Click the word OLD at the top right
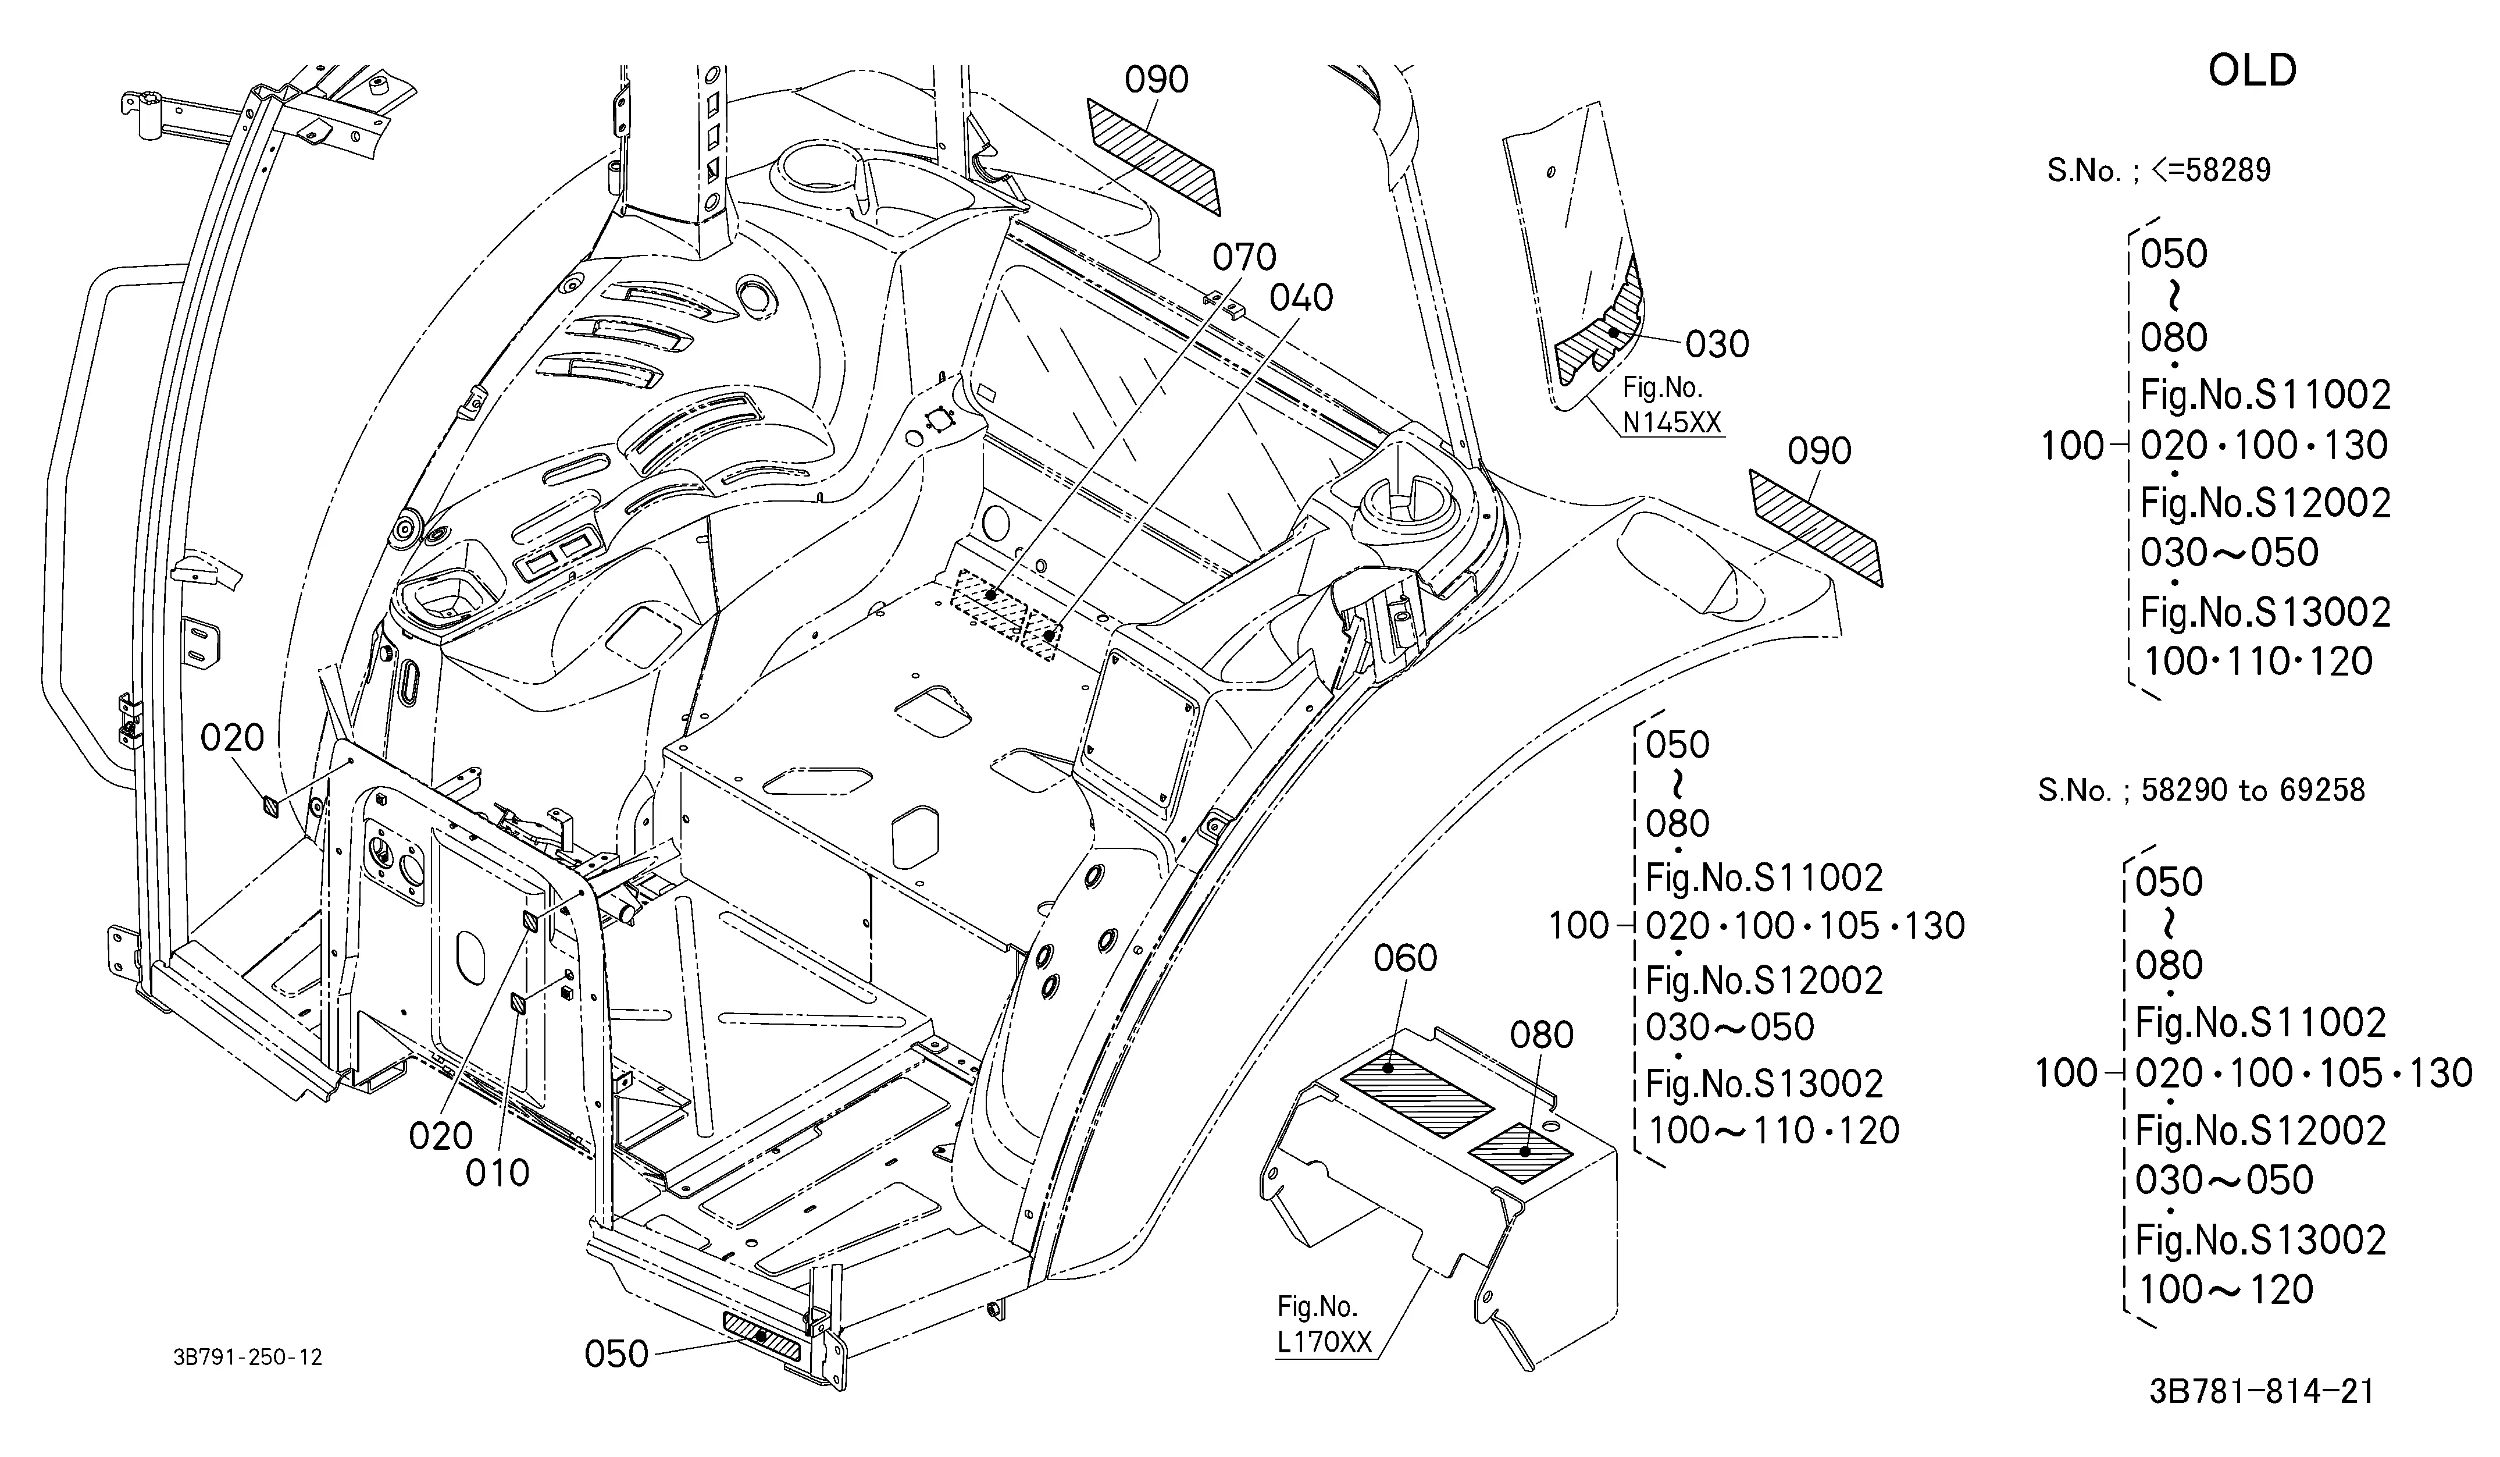tap(2252, 70)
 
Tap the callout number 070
tap(1244, 258)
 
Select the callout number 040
tap(1301, 298)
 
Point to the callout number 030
tap(1717, 344)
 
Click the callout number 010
tap(498, 1173)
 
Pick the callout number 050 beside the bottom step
tap(616, 1354)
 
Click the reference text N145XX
tap(1672, 423)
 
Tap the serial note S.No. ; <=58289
tap(2159, 170)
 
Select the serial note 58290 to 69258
tap(2253, 790)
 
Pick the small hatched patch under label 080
tap(1521, 1152)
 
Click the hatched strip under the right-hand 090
tap(1816, 527)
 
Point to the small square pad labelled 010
tap(519, 1004)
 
